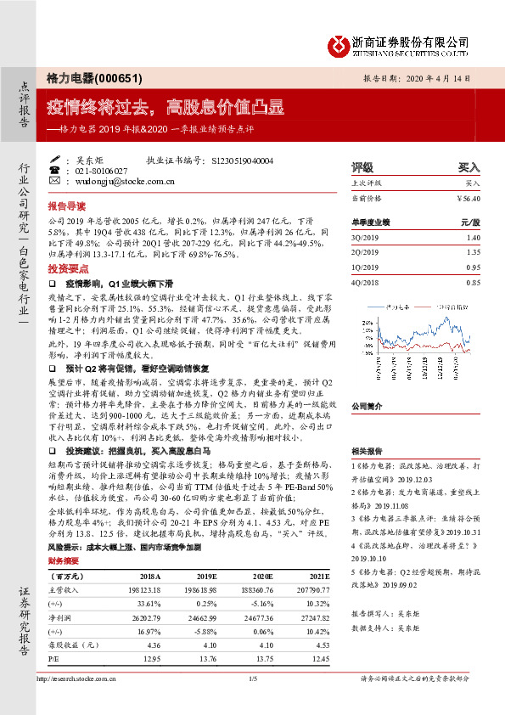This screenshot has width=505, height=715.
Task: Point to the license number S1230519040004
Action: pos(242,160)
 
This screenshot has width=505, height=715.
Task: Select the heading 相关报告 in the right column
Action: pos(368,451)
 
